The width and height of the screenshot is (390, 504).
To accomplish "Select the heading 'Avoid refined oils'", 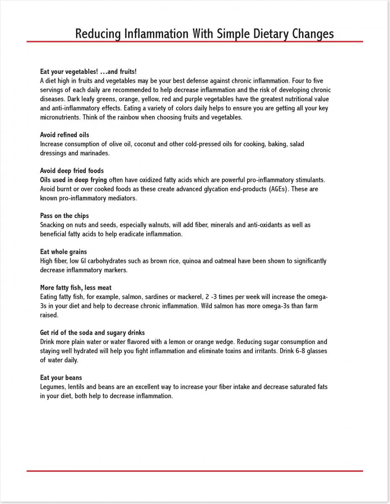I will tap(65, 135).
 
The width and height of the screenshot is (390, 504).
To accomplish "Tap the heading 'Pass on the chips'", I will tap(64, 216).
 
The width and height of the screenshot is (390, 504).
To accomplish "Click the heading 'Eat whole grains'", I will tap(63, 252).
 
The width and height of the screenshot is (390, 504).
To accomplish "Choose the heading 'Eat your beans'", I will tap(61, 378).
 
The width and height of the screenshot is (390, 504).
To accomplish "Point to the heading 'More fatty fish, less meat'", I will tap(76, 288).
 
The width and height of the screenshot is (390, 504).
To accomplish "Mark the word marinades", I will tap(83, 153).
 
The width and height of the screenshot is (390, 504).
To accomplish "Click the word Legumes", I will tap(53, 387).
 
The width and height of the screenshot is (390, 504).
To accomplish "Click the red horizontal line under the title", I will tap(195, 42).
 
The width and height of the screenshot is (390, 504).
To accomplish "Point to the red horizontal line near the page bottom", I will tap(195, 471).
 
